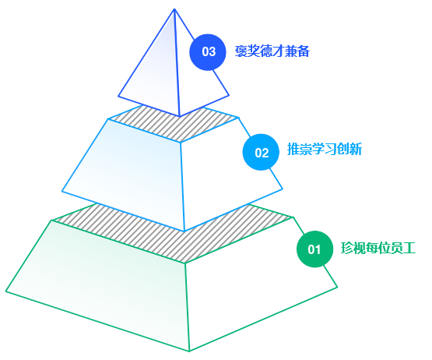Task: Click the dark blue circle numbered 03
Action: pyautogui.click(x=208, y=52)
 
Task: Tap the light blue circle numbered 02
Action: pyautogui.click(x=261, y=152)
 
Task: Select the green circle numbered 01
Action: pyautogui.click(x=314, y=249)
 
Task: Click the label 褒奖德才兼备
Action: pyautogui.click(x=272, y=51)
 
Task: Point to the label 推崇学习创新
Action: pyautogui.click(x=325, y=150)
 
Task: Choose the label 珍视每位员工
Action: pyautogui.click(x=378, y=248)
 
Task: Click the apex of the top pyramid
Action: pyautogui.click(x=174, y=9)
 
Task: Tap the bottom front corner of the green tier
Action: pyautogui.click(x=189, y=351)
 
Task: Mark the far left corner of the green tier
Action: pyautogui.click(x=5, y=291)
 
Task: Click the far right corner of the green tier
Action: pyautogui.click(x=337, y=288)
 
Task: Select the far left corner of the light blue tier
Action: pyautogui.click(x=62, y=191)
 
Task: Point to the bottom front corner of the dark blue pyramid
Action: pyautogui.click(x=180, y=116)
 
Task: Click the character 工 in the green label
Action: pyautogui.click(x=409, y=248)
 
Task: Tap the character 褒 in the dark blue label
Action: pyautogui.click(x=241, y=51)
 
